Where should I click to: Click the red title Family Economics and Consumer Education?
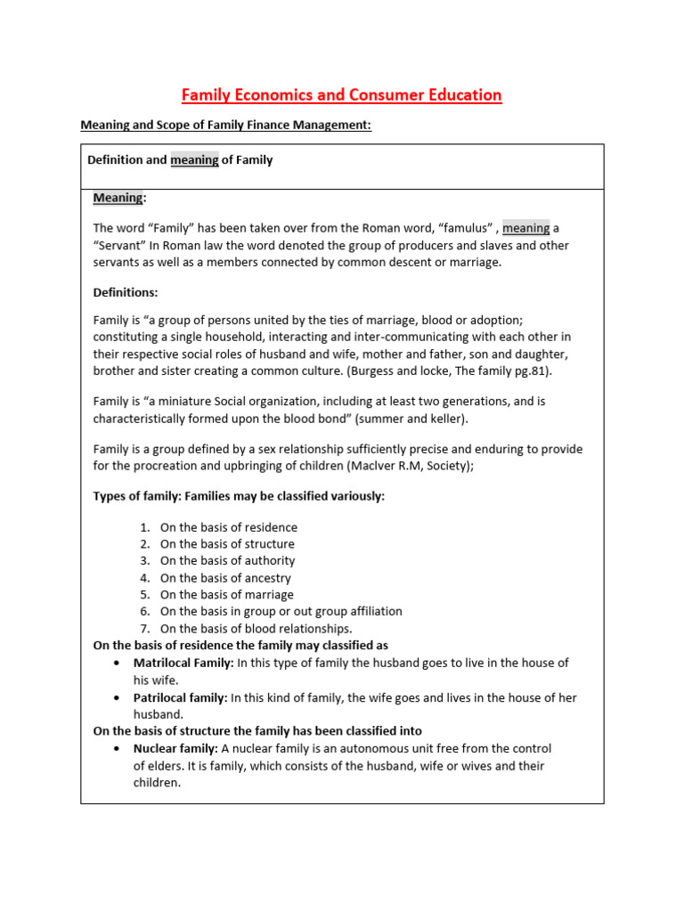(x=342, y=94)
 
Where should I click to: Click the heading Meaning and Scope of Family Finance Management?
(x=225, y=126)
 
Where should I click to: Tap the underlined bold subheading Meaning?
(x=119, y=197)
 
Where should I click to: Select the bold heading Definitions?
(x=126, y=291)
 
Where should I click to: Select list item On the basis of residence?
(x=229, y=527)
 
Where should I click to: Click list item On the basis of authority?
(x=227, y=560)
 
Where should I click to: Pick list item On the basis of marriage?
(x=226, y=594)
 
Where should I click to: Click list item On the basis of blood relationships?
(x=256, y=628)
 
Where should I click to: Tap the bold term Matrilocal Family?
(x=183, y=663)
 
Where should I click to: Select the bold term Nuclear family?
(x=175, y=748)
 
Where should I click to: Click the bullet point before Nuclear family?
(x=118, y=749)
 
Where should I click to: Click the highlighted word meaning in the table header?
(x=194, y=160)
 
